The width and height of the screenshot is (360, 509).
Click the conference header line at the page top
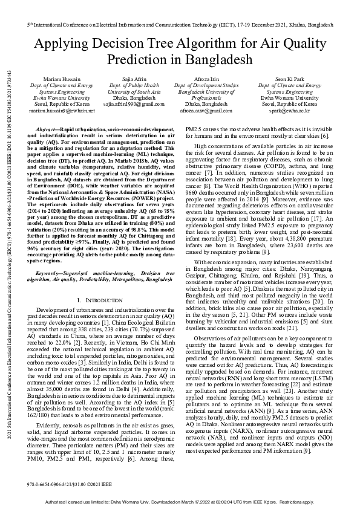(x=180, y=27)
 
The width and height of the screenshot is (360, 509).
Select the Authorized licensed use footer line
(x=180, y=502)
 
